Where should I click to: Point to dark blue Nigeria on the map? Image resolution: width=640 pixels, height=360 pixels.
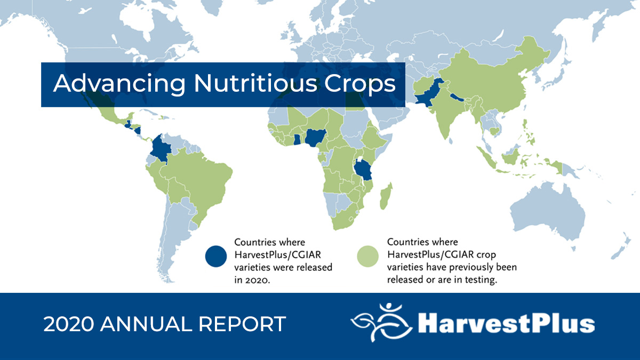pos(314,138)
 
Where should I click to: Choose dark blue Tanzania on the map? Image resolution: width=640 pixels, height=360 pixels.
pos(364,171)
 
